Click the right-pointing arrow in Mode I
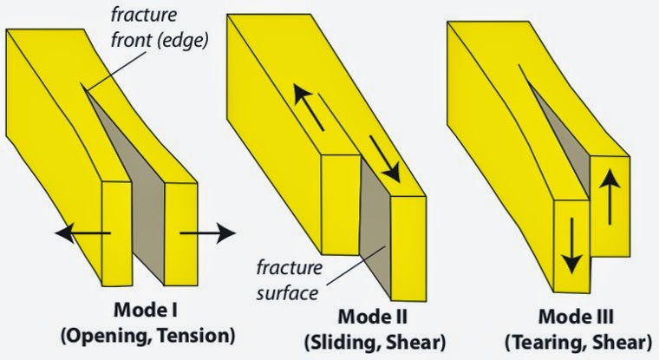(207, 232)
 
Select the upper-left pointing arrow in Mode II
(312, 108)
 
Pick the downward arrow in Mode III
(569, 245)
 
